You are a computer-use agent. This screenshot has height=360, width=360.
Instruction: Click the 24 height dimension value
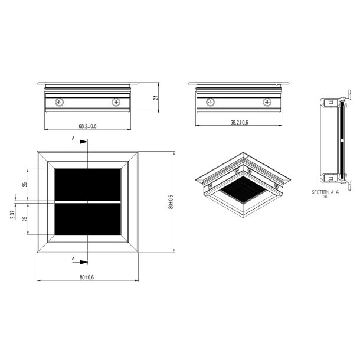click(156, 99)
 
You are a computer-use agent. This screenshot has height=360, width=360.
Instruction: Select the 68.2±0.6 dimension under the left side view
click(88, 126)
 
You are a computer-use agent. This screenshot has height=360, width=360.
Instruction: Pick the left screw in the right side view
click(210, 103)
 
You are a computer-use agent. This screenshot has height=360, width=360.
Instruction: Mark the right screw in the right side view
click(266, 103)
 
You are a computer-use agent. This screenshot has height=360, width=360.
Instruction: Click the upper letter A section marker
click(73, 139)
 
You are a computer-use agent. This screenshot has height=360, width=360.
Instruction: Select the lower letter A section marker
click(73, 258)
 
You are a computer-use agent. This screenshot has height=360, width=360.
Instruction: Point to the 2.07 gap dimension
click(13, 214)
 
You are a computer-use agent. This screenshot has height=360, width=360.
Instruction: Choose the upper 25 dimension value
click(25, 185)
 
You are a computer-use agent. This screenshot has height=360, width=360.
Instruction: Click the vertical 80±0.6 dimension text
click(171, 202)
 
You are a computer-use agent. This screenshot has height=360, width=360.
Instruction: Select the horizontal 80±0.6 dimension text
click(88, 277)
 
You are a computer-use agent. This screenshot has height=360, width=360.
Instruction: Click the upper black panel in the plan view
click(88, 184)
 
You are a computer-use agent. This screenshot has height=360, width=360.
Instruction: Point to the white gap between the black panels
click(88, 202)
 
